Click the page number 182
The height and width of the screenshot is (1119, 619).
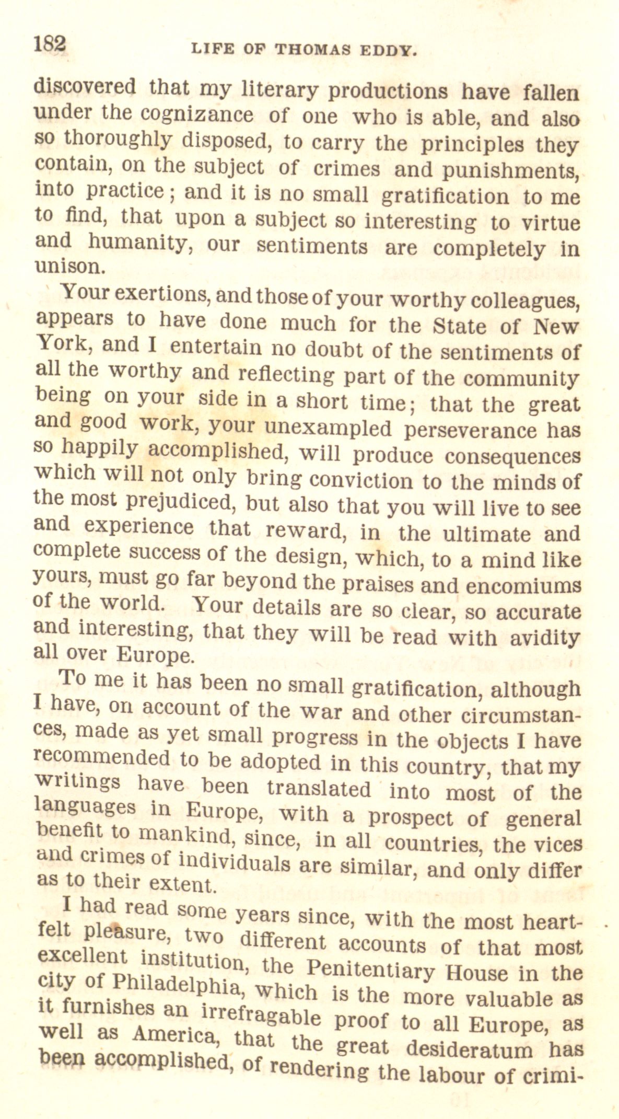pos(50,43)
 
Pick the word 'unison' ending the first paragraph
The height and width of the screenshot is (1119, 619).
pos(69,266)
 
